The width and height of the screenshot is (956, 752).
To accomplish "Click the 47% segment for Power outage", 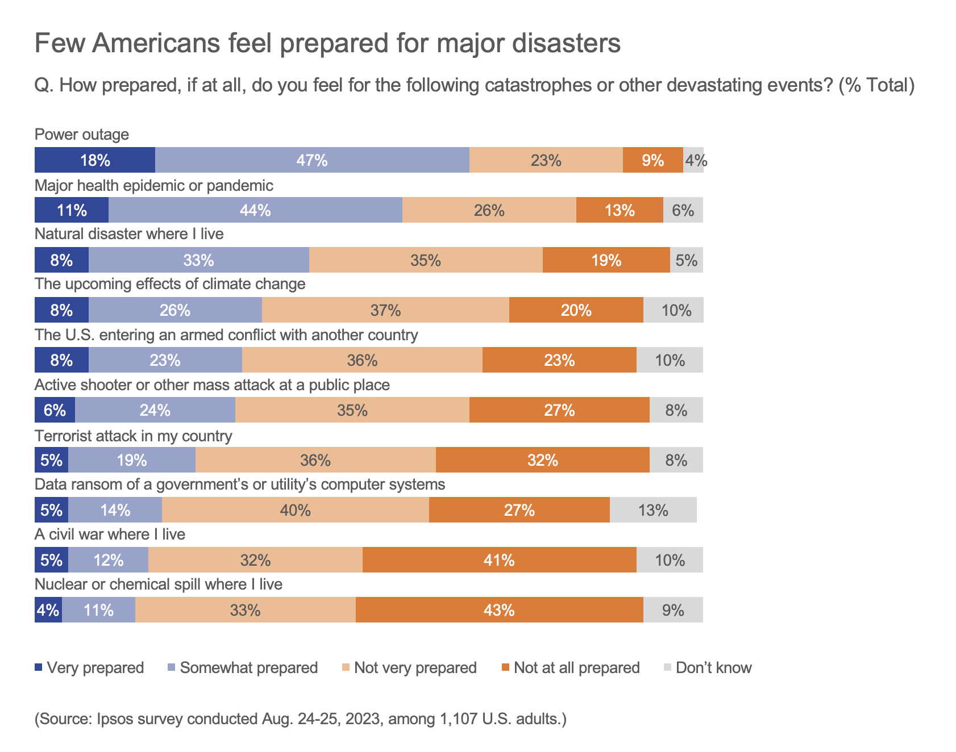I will [x=312, y=160].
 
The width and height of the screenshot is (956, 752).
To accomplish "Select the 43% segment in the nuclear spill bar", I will [x=499, y=610].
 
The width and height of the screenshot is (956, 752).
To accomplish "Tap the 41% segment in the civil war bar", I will [x=499, y=560].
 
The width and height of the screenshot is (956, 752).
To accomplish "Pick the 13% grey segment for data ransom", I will [x=652, y=510].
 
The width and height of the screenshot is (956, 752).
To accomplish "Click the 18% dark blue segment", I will [x=94, y=160].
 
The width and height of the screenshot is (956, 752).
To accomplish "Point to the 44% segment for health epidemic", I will [x=255, y=210].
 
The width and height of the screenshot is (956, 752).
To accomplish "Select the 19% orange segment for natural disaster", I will [x=606, y=260].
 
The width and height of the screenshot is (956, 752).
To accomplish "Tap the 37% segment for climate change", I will [x=385, y=310].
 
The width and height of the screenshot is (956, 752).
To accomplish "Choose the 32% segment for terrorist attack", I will [x=542, y=460].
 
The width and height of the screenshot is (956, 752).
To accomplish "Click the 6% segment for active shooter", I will [x=55, y=410].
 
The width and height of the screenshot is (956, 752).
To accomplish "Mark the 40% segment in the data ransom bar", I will [x=295, y=510].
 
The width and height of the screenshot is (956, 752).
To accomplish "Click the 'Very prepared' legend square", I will [x=39, y=667].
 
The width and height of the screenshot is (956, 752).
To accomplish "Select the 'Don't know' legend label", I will [x=713, y=667].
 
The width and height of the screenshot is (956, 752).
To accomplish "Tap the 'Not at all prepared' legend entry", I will [x=576, y=667].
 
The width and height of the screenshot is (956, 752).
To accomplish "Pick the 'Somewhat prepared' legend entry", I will [x=248, y=667].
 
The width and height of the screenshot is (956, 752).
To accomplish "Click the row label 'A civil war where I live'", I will [x=110, y=534].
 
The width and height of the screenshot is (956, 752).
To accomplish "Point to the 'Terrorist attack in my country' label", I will [x=134, y=436].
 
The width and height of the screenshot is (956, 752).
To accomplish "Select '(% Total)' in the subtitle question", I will [x=876, y=85].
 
